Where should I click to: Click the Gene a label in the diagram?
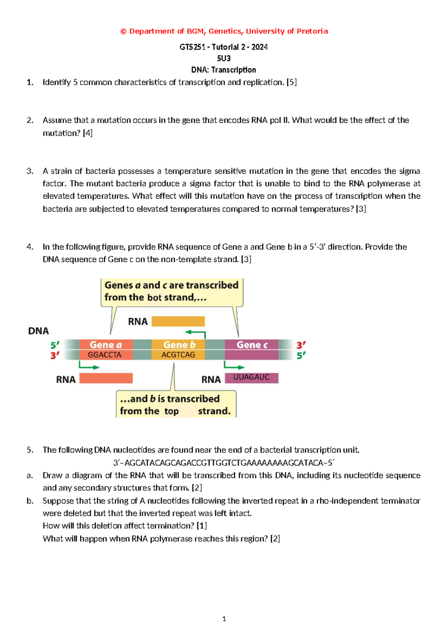[x=106, y=344]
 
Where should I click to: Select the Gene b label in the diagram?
[x=179, y=344]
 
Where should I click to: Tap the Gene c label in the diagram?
[x=252, y=344]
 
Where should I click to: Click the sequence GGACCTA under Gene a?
[x=105, y=355]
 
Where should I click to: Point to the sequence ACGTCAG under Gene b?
[x=178, y=355]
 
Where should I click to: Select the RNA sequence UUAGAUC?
[x=251, y=377]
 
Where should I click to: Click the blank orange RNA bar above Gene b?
[x=178, y=321]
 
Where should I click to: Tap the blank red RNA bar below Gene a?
[x=106, y=378]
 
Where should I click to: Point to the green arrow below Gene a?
[x=89, y=366]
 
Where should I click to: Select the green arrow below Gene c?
[x=234, y=366]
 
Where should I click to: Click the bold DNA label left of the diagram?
[x=38, y=331]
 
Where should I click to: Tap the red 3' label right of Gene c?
[x=301, y=345]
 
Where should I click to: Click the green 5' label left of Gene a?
[x=55, y=345]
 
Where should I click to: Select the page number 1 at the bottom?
[x=224, y=619]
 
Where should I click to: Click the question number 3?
[x=30, y=171]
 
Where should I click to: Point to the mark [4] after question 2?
[x=88, y=133]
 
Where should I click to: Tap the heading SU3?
[x=224, y=58]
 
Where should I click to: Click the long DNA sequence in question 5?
[x=224, y=463]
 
